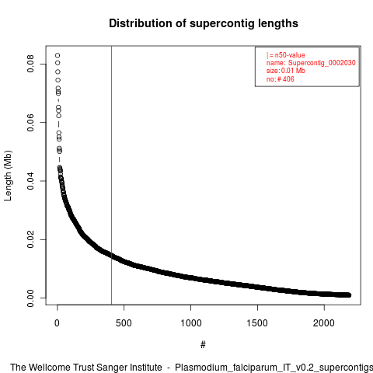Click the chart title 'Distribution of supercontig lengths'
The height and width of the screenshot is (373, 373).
pos(204,23)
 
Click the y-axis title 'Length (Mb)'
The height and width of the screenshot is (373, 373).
pos(8,176)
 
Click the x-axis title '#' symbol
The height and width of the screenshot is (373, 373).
pos(203,344)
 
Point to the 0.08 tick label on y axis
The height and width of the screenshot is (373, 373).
pos(30,64)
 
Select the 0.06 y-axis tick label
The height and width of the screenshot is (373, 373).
pos(30,122)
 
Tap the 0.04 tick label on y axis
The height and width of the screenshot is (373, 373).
pos(30,181)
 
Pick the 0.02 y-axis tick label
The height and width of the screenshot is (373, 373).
pos(30,239)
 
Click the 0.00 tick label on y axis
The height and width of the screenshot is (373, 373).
pos(30,298)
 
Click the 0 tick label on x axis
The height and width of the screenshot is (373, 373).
pos(57,323)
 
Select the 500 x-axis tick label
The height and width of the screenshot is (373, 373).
pos(124,323)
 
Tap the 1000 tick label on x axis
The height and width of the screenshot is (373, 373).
pos(190,323)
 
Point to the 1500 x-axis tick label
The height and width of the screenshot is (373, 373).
pos(257,323)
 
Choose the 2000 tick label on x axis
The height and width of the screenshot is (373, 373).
pos(324,323)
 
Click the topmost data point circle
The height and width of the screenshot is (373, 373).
pos(58,55)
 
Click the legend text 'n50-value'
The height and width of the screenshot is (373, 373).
pos(290,55)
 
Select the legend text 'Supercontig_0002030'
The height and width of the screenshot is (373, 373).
pos(322,63)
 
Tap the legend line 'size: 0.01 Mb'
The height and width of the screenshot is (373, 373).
pos(286,71)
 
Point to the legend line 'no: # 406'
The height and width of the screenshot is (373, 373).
pos(281,78)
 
